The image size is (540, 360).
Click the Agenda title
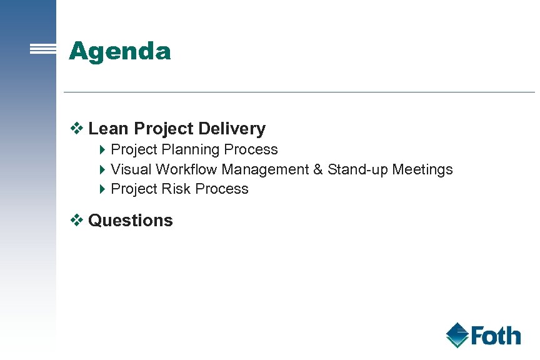[119, 51]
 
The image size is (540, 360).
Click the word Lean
[109, 129]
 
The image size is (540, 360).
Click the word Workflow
[187, 169]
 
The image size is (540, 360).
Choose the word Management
[265, 169]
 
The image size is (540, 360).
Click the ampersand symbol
[318, 169]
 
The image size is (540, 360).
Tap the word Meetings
[422, 170]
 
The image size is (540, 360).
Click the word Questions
[131, 221]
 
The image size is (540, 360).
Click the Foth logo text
[496, 336]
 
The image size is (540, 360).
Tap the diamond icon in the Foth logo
[457, 335]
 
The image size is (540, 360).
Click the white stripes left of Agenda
[43, 50]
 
